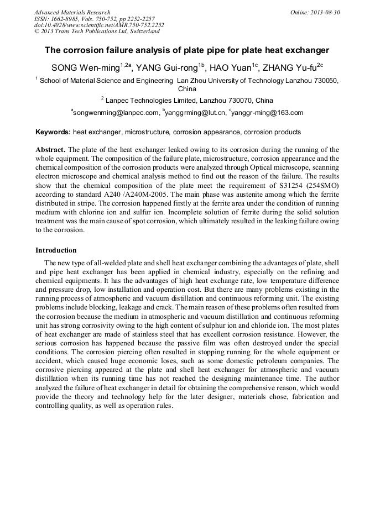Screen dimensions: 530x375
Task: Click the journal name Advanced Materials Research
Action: click(72, 12)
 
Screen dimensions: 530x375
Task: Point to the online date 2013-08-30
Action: click(325, 12)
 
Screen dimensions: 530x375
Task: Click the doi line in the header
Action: click(99, 25)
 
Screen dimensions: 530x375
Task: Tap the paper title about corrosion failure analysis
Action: click(187, 50)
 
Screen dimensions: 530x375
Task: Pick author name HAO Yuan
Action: click(231, 68)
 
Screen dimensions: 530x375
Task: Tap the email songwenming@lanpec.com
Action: click(116, 113)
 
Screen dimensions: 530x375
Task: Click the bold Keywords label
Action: click(53, 133)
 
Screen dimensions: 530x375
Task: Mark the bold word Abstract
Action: click(50, 150)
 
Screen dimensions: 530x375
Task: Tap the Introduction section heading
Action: click(56, 250)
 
